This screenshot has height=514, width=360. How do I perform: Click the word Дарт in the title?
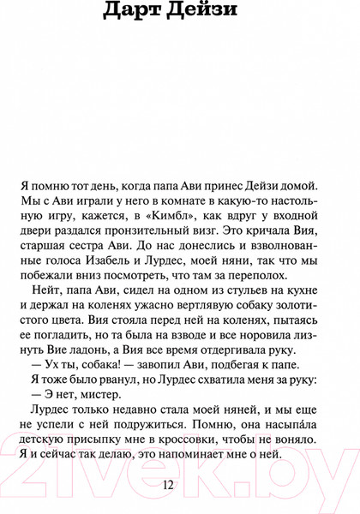135,12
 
